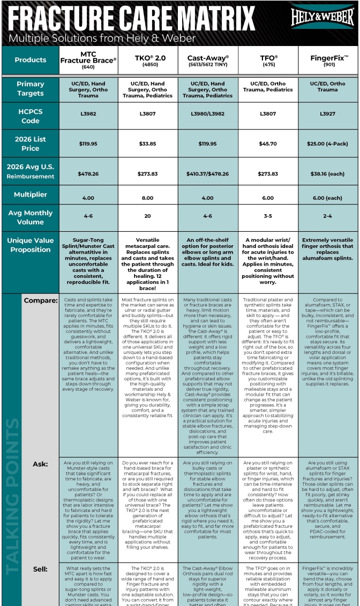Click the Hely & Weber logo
coord(322,18)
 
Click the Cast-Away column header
coord(208,59)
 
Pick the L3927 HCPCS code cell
coord(327,114)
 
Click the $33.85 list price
coord(147,143)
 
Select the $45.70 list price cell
coord(268,143)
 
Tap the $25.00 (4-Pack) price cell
coord(327,143)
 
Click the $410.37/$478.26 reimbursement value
coord(208,173)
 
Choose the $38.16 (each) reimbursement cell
coord(327,173)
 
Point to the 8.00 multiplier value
coord(147,198)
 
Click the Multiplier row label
coord(31,195)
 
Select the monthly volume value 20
coord(147,216)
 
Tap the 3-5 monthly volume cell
coord(268,216)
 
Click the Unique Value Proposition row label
coord(31,245)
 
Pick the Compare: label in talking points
coord(41,300)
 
